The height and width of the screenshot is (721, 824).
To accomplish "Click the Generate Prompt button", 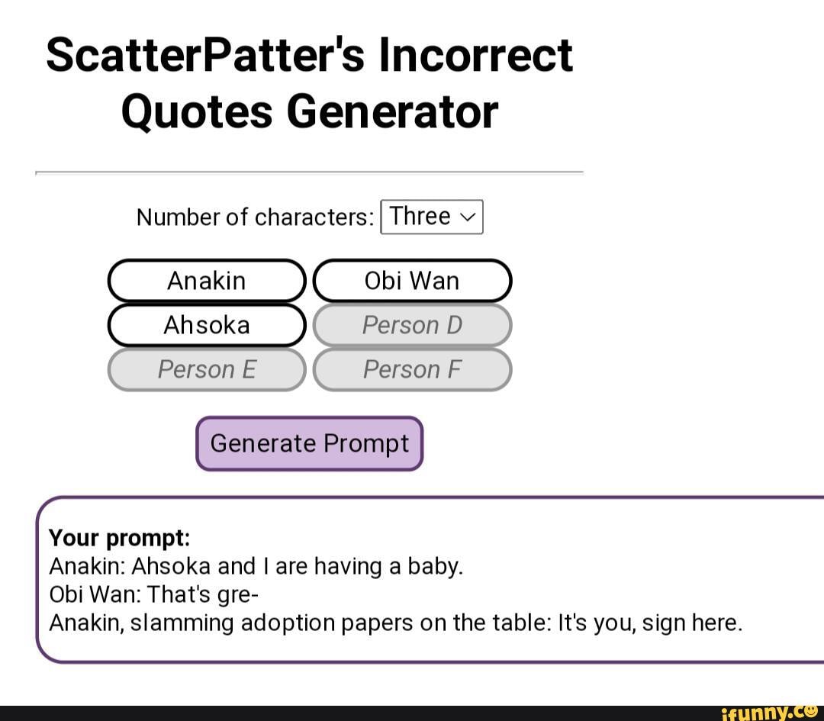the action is tap(310, 443).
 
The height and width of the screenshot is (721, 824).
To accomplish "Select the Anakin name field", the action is tap(207, 281).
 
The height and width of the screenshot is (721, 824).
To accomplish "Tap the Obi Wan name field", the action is tap(413, 281).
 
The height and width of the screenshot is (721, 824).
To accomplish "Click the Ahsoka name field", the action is tap(207, 325).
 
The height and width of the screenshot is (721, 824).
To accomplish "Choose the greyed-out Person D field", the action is tap(413, 325).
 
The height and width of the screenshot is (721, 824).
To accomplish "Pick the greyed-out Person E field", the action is tap(207, 369).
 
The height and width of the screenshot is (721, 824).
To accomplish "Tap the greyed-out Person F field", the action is tap(413, 369).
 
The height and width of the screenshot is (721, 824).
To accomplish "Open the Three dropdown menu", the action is tap(431, 217).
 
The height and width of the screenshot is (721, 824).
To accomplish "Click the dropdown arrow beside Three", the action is tap(468, 217).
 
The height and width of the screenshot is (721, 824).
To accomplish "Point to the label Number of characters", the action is tap(256, 217).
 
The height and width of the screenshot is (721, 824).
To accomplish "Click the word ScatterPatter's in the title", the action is tap(205, 55).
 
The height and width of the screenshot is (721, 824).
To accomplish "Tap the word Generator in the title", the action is tap(393, 112).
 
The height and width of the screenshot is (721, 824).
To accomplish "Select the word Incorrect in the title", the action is tap(475, 55).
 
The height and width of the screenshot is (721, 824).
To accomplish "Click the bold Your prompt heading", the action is tap(119, 538).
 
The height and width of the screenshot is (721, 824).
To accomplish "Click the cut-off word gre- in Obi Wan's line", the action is tap(240, 595).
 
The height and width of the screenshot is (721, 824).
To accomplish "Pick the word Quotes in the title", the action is tap(197, 112).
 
